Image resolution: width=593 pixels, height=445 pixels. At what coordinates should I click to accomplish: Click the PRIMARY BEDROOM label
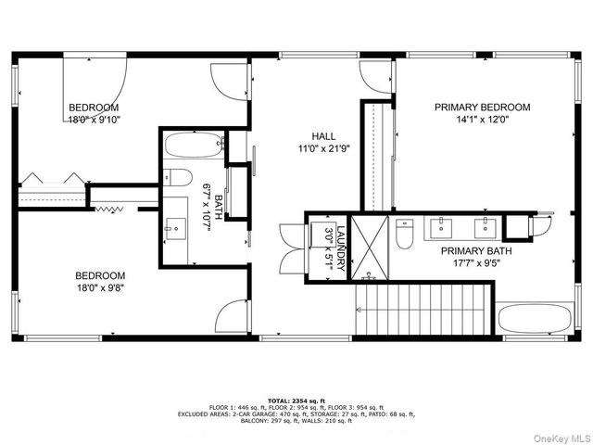click(483, 108)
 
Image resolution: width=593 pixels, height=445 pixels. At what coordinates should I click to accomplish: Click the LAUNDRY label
click(341, 248)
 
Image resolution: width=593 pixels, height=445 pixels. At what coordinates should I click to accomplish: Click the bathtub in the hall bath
click(193, 146)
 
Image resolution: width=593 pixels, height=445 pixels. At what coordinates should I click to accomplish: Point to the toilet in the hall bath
click(179, 177)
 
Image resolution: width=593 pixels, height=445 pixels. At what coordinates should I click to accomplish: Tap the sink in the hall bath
click(176, 225)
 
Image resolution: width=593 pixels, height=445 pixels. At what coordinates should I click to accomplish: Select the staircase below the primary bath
click(423, 311)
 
